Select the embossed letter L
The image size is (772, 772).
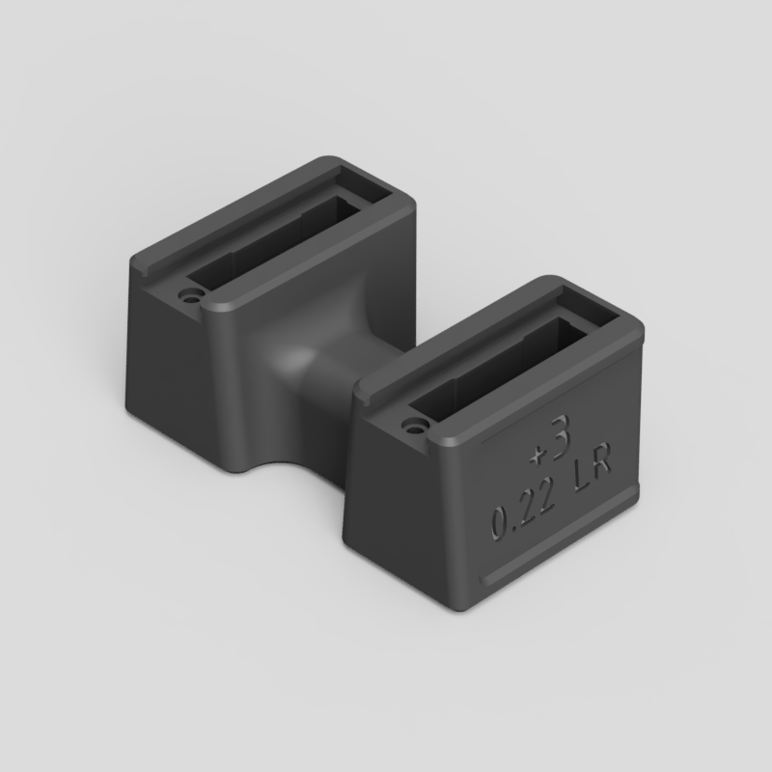tap(582, 480)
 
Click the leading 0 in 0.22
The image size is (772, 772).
tap(500, 522)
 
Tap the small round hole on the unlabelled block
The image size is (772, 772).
tap(188, 296)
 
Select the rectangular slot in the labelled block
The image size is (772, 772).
tap(497, 370)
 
